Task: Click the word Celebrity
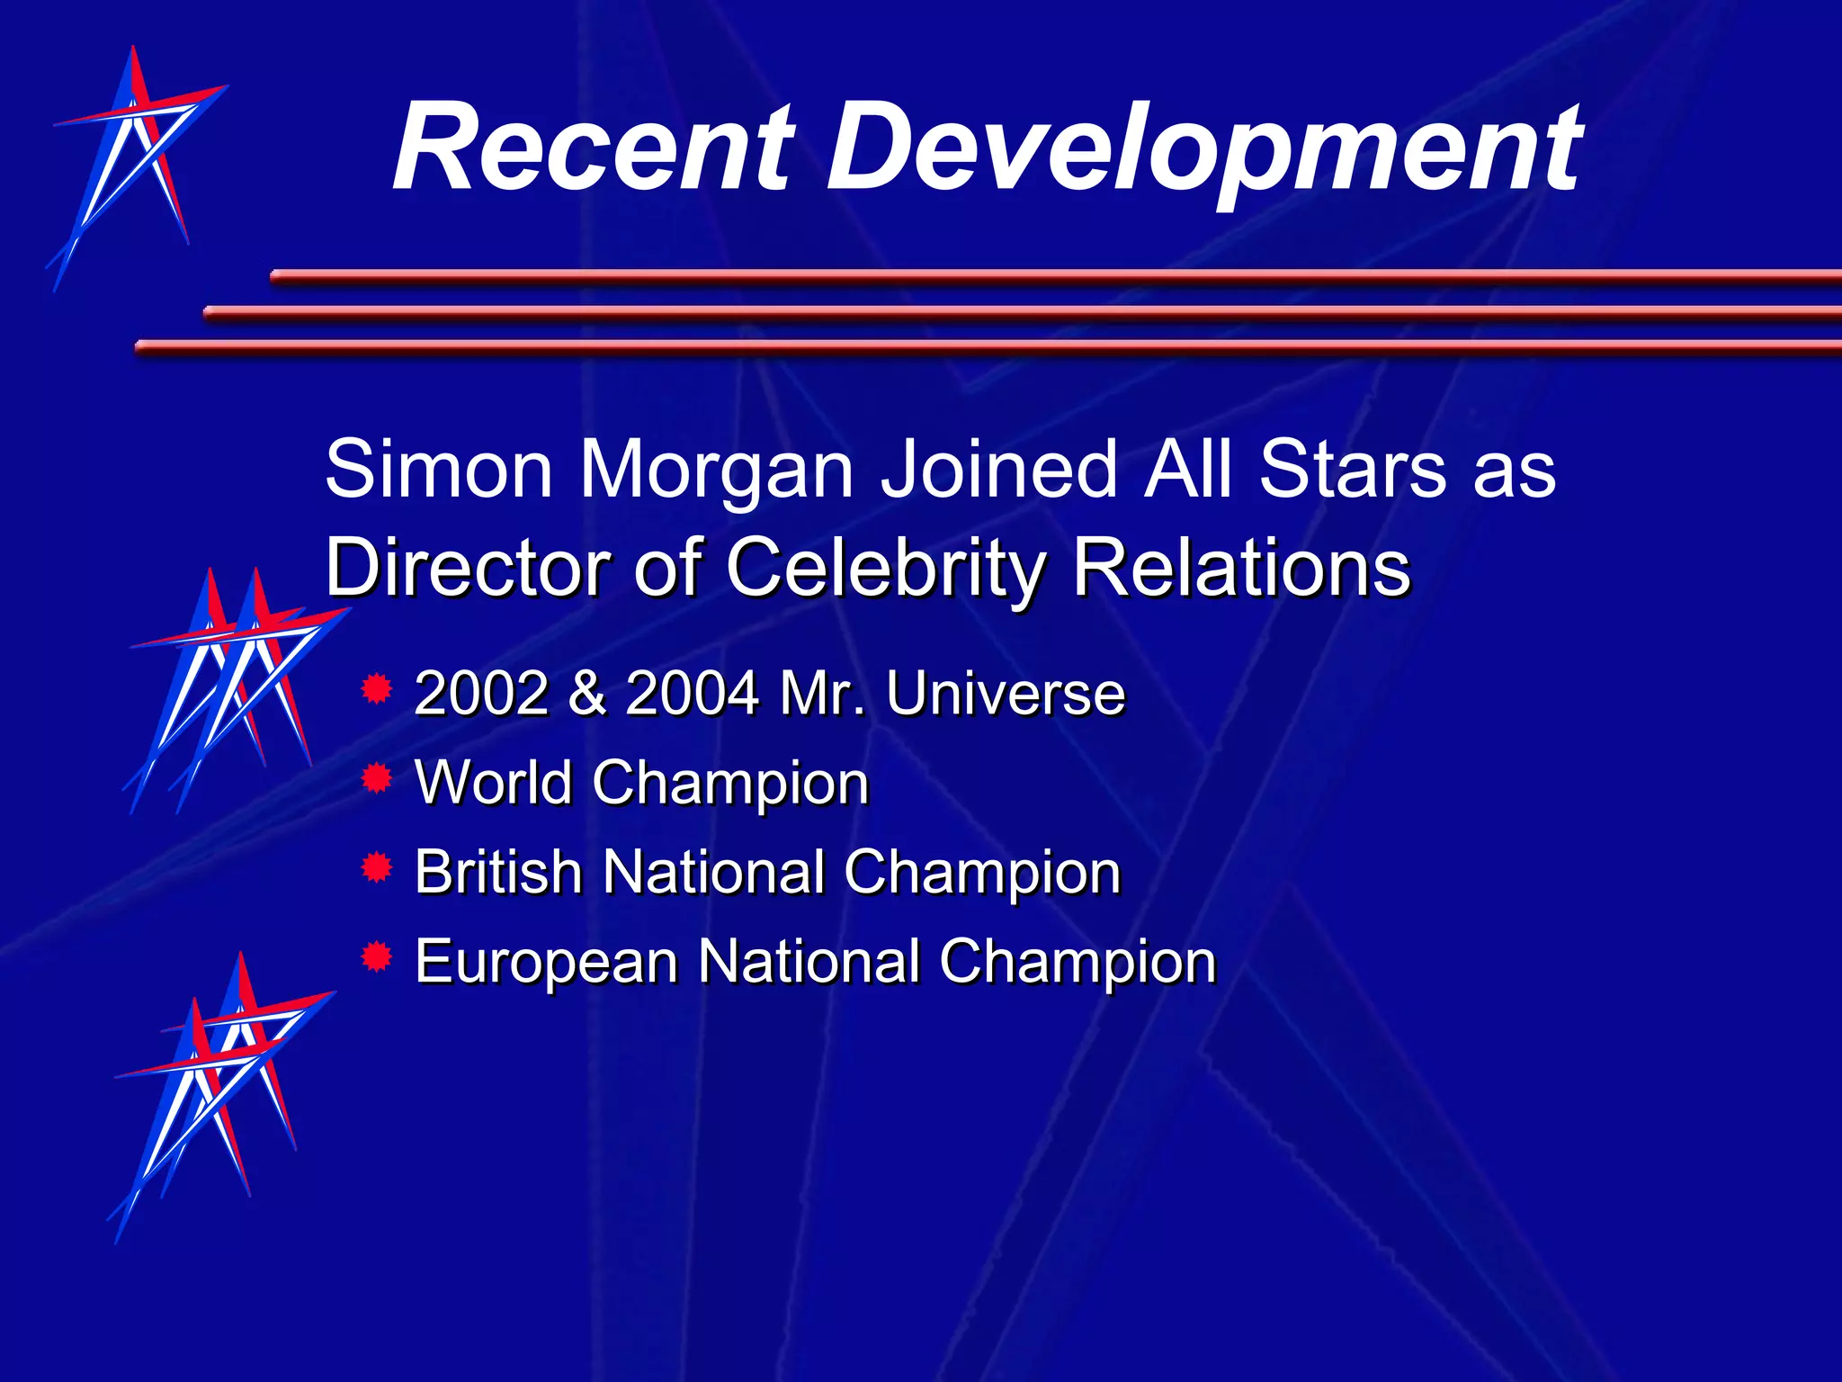[886, 569]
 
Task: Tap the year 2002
[481, 694]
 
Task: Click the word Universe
[1005, 694]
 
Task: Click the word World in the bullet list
[494, 782]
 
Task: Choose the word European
[546, 964]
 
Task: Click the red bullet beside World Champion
[376, 778]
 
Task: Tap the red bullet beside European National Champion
[376, 956]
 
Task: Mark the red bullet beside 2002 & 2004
[376, 689]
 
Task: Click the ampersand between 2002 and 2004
[587, 694]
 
